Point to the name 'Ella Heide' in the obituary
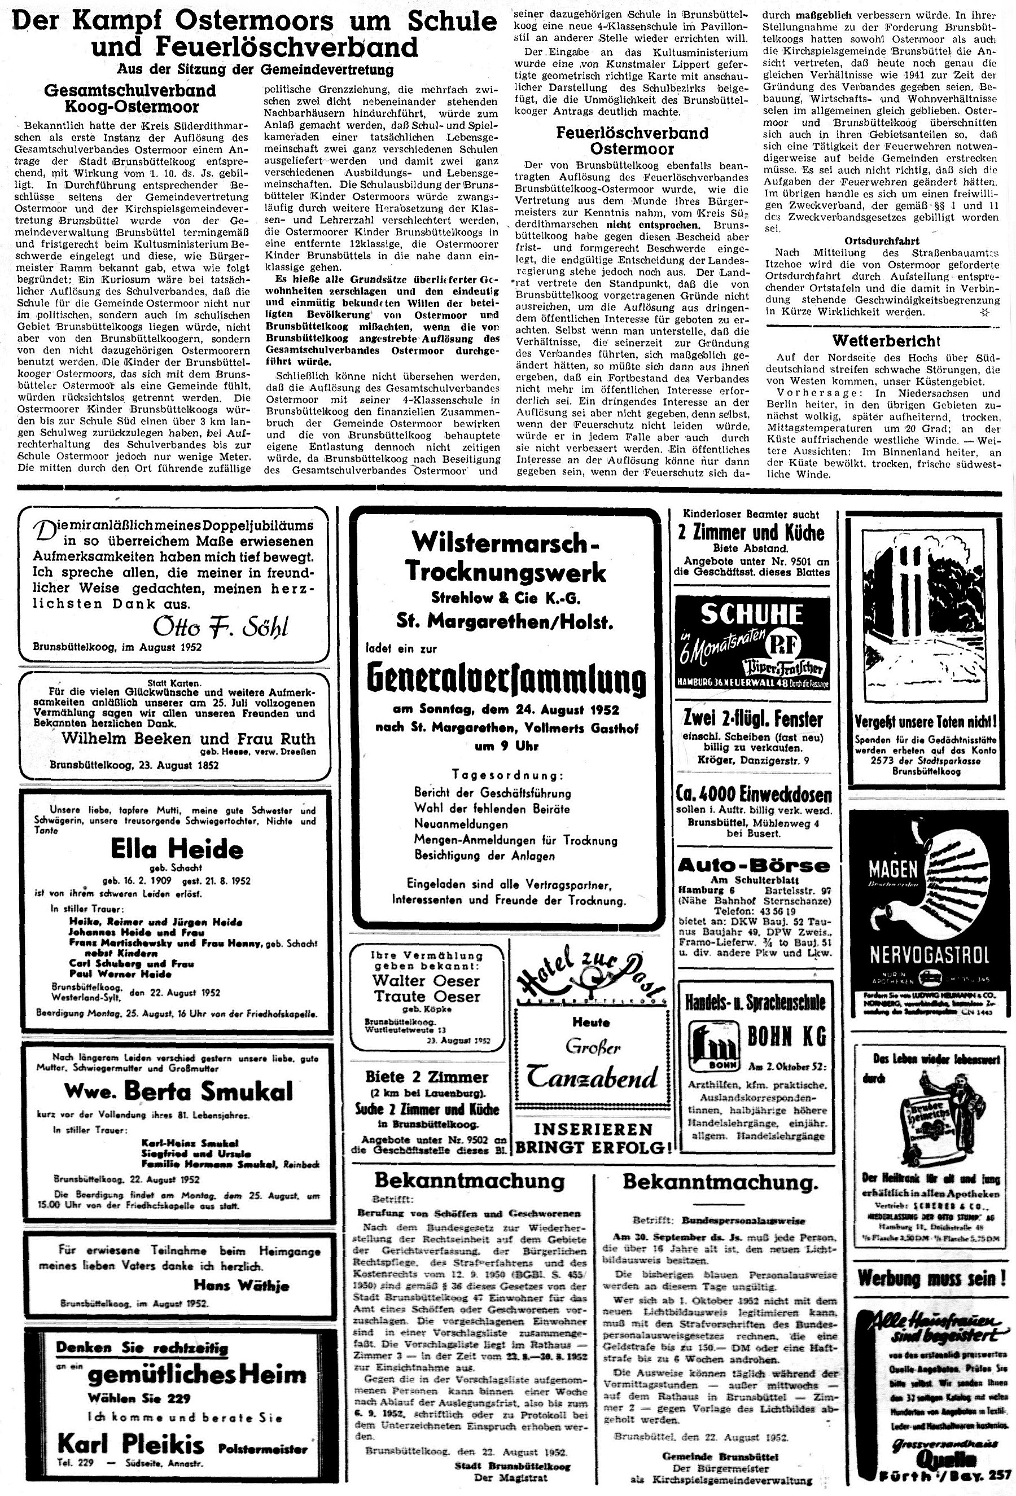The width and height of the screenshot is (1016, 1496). click(177, 849)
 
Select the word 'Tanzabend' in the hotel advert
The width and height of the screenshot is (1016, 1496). click(592, 1076)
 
